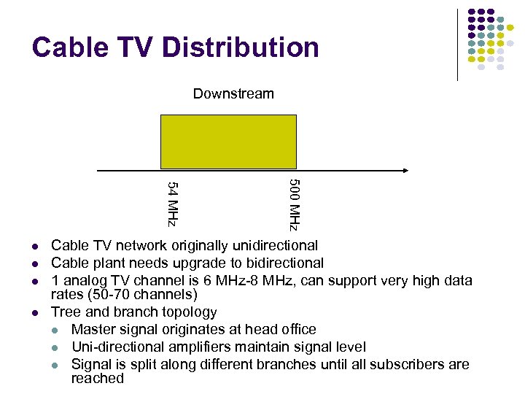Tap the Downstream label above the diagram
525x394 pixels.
233,93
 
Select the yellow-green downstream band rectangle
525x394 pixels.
228,142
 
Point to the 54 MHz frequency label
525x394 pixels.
173,202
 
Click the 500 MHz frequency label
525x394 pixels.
293,204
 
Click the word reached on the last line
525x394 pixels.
98,379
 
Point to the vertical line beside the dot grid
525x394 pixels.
457,44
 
